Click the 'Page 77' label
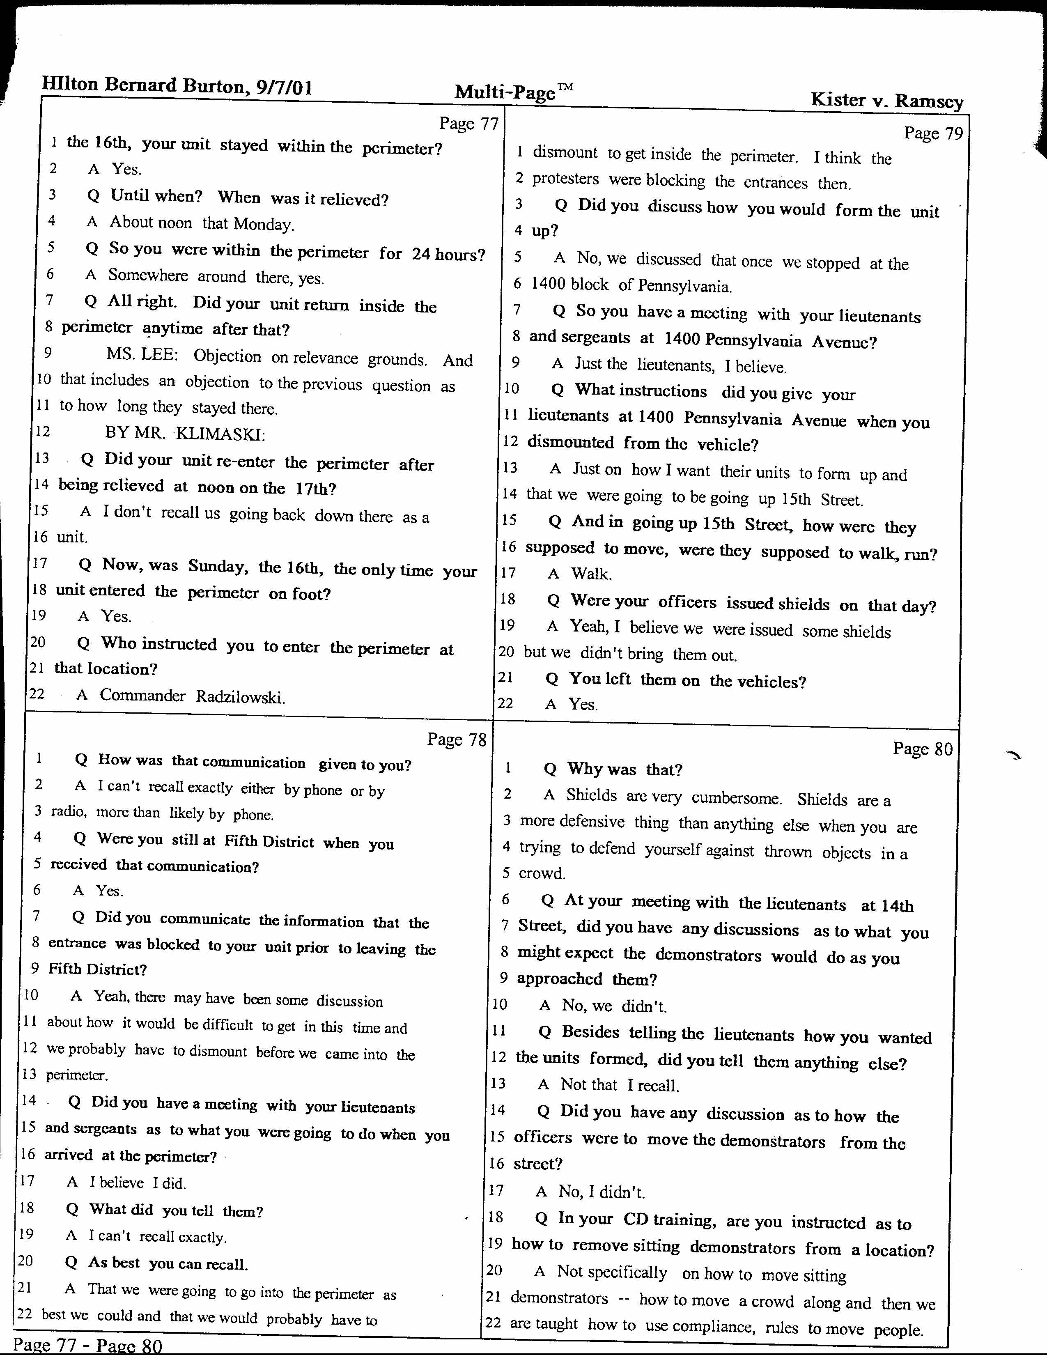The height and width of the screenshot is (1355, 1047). point(468,124)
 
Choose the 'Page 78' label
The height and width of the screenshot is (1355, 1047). point(457,739)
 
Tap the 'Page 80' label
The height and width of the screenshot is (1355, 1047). point(922,749)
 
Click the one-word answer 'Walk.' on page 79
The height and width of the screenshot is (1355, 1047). point(591,574)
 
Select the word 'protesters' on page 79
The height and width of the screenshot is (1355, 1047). point(566,179)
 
